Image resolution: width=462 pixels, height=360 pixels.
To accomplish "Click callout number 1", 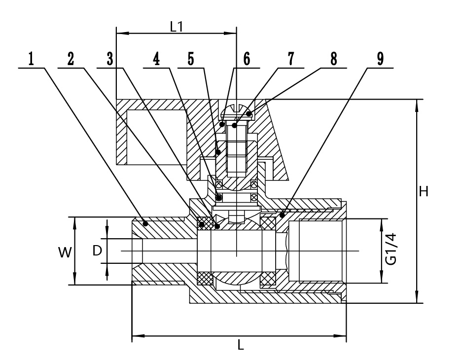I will click(x=31, y=59).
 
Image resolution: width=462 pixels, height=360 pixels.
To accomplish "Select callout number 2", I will click(x=71, y=59).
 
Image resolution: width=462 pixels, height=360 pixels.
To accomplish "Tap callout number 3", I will click(x=109, y=59).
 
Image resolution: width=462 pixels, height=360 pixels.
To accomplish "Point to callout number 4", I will click(x=156, y=59).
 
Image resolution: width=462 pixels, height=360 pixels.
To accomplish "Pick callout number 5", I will click(x=190, y=59).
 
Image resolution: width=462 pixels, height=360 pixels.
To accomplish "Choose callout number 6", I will click(x=247, y=59).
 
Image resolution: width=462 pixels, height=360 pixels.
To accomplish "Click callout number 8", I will click(x=334, y=59).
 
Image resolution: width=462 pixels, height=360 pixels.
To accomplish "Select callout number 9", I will click(x=380, y=59).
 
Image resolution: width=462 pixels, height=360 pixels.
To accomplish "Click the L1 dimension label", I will click(x=176, y=27).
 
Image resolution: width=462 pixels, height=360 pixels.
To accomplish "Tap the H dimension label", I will click(x=423, y=191).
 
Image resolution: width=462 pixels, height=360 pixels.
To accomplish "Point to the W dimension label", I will click(x=64, y=252).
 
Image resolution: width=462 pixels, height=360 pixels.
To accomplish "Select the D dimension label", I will click(x=97, y=251).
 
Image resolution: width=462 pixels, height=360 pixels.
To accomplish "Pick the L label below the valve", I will click(x=240, y=345).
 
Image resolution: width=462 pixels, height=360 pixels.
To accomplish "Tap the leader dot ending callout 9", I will click(x=282, y=215).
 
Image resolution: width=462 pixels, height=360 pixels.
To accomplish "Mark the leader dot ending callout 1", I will click(x=145, y=223).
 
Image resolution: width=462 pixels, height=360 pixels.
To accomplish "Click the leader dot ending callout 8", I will click(x=250, y=114).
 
